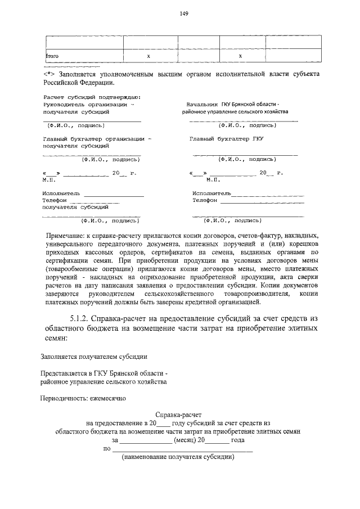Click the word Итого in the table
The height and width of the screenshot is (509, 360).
tap(52, 56)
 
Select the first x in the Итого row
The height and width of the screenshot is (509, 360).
tap(148, 56)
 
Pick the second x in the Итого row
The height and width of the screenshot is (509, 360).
tap(240, 56)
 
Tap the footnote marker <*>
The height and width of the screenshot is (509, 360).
tap(48, 74)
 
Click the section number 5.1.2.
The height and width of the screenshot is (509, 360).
tap(83, 318)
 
